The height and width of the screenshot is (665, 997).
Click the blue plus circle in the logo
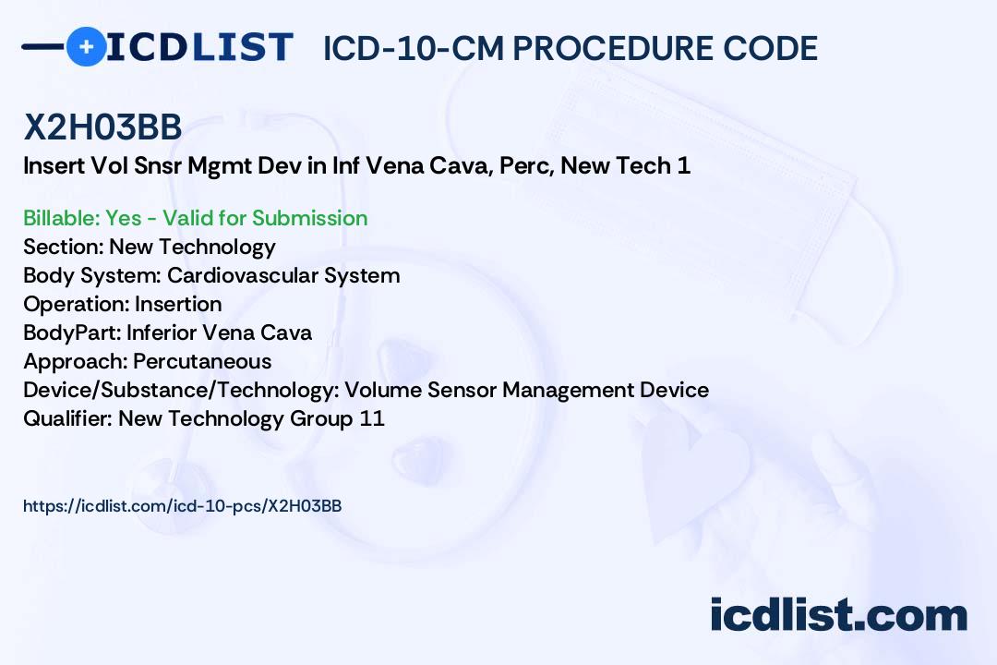[86, 46]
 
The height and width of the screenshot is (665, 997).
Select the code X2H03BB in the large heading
[102, 128]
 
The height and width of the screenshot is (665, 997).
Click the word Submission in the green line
[310, 218]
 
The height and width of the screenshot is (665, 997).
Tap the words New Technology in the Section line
[192, 248]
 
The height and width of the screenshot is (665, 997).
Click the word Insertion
[178, 304]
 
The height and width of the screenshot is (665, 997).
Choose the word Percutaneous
[202, 361]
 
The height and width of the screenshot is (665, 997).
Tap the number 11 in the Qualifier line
[373, 418]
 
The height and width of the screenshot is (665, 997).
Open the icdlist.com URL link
[183, 506]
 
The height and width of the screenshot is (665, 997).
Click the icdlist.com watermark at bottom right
[838, 616]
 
